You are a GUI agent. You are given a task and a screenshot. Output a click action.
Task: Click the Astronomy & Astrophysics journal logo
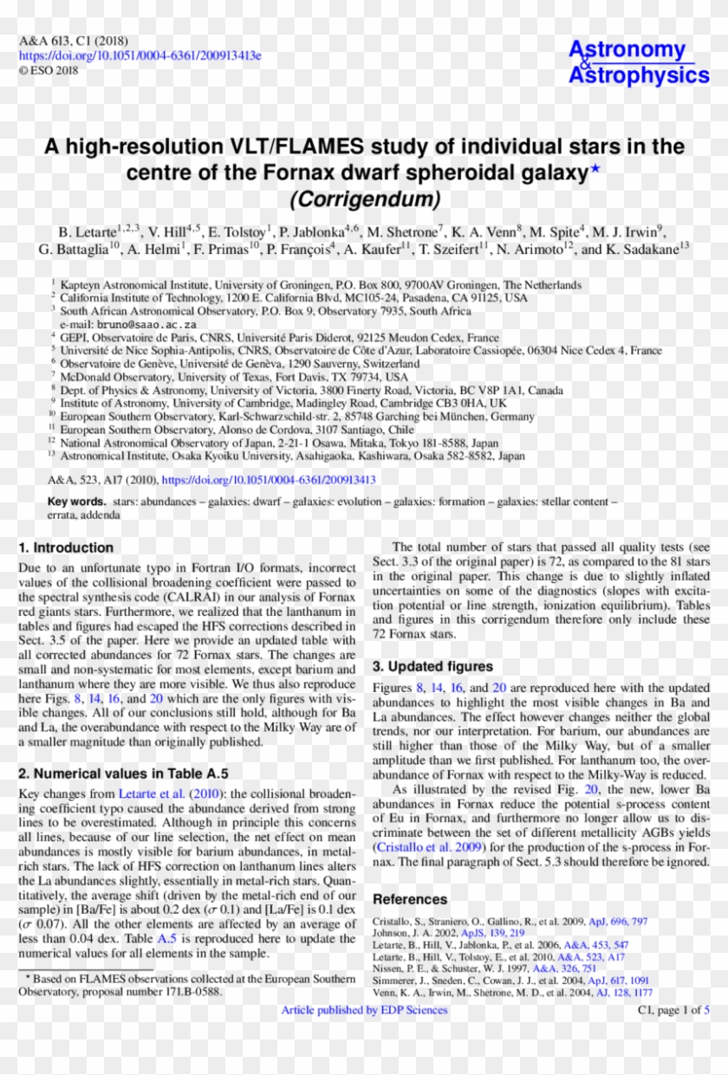[x=638, y=62]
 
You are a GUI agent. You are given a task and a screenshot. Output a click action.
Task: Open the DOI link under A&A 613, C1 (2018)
[x=140, y=55]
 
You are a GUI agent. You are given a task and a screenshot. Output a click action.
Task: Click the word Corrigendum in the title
[x=364, y=199]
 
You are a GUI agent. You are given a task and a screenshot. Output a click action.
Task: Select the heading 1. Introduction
[x=66, y=547]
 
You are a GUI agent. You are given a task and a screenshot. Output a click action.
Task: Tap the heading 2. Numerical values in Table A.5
[x=123, y=773]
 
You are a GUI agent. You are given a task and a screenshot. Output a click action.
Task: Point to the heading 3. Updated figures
[x=432, y=666]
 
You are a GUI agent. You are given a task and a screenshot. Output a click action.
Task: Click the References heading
[x=410, y=899]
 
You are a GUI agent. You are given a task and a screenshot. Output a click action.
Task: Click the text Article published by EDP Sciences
[x=364, y=1010]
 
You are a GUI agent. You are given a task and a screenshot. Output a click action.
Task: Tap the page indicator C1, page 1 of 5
[x=673, y=1010]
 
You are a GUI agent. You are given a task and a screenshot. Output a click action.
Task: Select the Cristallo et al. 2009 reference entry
[x=510, y=921]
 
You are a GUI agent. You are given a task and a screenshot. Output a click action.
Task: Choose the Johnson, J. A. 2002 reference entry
[x=448, y=933]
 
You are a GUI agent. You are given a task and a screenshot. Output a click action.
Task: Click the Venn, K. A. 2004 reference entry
[x=512, y=993]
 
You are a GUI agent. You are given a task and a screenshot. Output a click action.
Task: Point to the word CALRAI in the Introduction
[x=186, y=597]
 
